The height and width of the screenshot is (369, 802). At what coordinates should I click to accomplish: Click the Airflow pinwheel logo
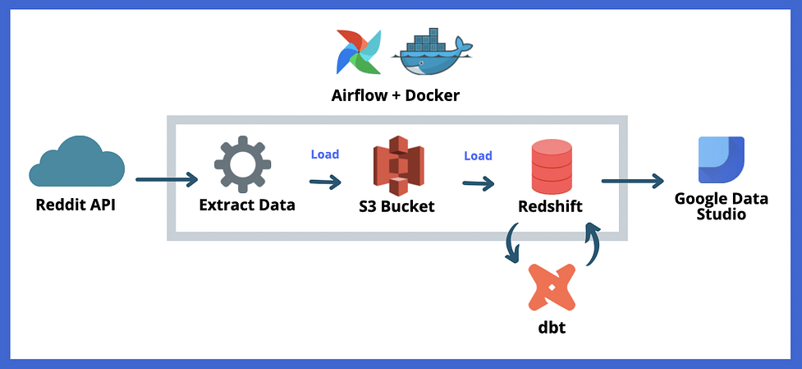coord(358,52)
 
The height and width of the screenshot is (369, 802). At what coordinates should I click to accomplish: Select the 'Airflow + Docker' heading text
coord(395,96)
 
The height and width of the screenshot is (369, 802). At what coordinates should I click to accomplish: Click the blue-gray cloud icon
coord(76,164)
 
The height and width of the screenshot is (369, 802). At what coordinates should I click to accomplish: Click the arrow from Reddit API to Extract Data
coord(167,178)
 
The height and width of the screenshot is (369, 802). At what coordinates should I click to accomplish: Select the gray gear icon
coord(242,164)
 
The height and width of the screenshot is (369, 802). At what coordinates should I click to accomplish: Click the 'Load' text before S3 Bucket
coord(325,154)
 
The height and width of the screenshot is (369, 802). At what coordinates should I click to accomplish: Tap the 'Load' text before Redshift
coord(478,155)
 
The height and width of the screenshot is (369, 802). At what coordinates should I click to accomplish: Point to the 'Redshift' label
coord(551,206)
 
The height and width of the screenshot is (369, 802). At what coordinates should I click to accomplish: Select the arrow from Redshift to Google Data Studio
coord(632,180)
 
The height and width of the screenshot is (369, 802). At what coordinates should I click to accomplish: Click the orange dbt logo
coord(552,285)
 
